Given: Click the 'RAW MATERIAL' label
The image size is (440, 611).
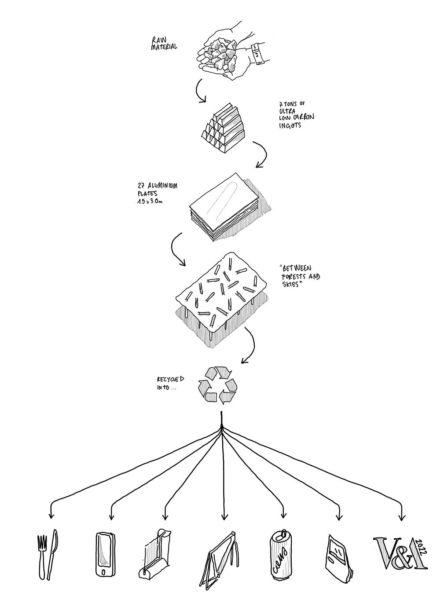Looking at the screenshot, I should pyautogui.click(x=164, y=42).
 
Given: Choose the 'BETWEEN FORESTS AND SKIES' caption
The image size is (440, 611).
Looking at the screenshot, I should pyautogui.click(x=300, y=276).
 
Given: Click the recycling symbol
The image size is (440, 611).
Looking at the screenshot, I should pyautogui.click(x=217, y=385).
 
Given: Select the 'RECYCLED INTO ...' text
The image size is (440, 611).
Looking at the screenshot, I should pyautogui.click(x=171, y=383).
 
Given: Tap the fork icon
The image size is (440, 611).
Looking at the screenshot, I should pyautogui.click(x=42, y=556).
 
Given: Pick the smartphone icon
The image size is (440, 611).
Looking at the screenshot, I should pyautogui.click(x=105, y=555).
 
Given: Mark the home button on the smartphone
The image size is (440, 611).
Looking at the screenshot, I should pyautogui.click(x=104, y=572).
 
